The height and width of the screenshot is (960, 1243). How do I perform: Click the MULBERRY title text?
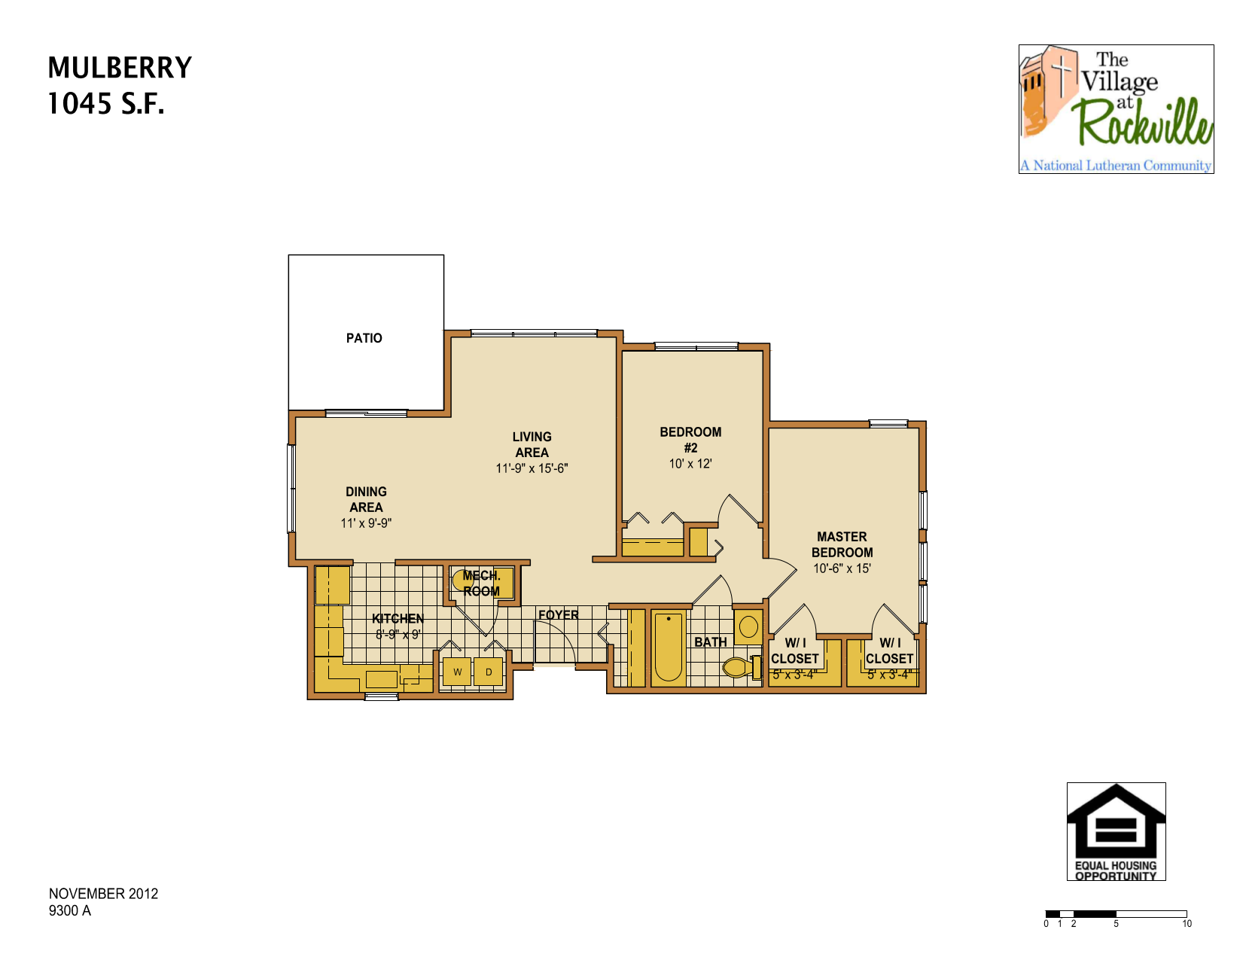(120, 68)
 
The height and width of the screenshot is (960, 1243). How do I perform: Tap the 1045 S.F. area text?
(105, 104)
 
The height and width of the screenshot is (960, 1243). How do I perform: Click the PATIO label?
(364, 338)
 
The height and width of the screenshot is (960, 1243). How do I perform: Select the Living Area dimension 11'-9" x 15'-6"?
(532, 468)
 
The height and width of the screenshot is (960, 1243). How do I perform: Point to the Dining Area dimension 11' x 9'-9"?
(366, 523)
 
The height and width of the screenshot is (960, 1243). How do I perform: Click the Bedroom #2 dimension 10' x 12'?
(690, 464)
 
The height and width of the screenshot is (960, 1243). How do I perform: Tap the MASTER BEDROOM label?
(842, 544)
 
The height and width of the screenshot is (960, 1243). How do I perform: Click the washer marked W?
(457, 672)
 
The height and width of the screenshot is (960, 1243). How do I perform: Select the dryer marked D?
(489, 672)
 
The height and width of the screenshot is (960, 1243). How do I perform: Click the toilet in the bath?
(737, 666)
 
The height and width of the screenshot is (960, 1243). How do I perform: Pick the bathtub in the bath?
(668, 647)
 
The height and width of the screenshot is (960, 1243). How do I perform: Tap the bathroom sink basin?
(748, 626)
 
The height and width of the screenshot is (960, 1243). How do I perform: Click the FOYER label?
(559, 615)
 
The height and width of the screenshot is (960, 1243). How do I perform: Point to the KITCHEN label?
(398, 618)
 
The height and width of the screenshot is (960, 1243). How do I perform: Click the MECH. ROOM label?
(481, 584)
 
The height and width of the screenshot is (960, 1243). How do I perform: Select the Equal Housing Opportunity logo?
(1116, 831)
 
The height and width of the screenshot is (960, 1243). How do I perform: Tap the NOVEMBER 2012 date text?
(103, 894)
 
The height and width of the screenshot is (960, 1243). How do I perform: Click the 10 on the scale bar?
(1187, 924)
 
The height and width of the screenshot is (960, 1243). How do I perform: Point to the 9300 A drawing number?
(70, 911)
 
